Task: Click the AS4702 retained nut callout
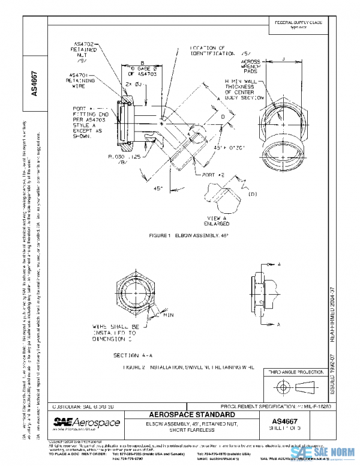[83, 52]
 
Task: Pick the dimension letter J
[283, 58]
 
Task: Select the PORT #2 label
[214, 174]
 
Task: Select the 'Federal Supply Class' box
[298, 24]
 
